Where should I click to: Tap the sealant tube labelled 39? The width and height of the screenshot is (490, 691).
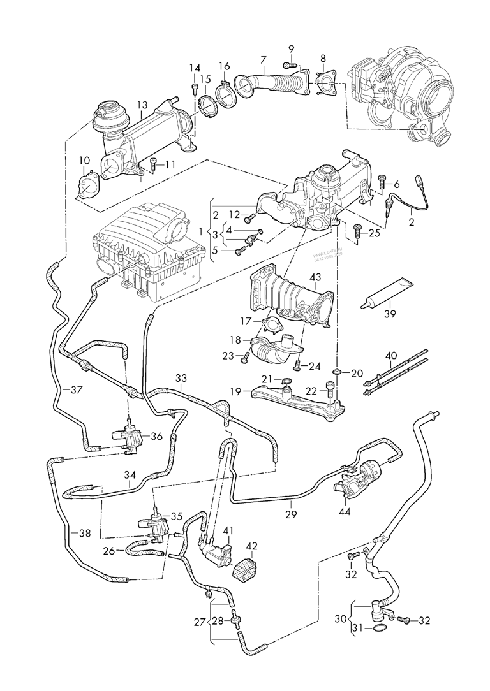[386, 294]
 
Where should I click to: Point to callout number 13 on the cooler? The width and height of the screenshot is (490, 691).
[142, 105]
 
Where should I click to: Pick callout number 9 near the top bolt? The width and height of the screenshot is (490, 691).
[291, 49]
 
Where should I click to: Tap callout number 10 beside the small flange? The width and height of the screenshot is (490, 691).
[84, 159]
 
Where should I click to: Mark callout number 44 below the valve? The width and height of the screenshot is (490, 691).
[345, 511]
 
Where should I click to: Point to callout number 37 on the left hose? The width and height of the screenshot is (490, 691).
[76, 389]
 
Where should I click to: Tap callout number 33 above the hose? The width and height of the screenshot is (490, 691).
[181, 378]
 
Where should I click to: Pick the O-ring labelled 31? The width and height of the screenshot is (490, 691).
[378, 629]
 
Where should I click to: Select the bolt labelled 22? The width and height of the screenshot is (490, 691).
[329, 389]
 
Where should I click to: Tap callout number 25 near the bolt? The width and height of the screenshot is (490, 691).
[374, 233]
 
